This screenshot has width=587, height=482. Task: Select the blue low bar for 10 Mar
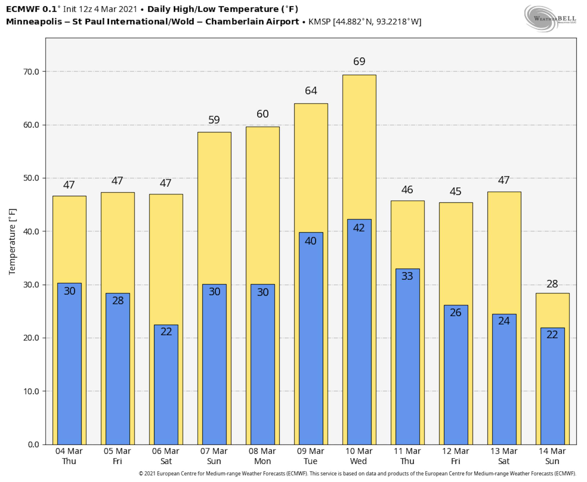[x=359, y=333]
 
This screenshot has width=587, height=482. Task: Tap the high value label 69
[x=359, y=61]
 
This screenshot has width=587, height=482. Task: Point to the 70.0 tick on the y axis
[x=31, y=72]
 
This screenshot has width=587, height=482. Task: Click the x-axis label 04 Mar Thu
[x=69, y=456]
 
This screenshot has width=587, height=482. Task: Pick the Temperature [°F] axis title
[x=13, y=242]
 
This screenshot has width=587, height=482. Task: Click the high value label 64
[x=311, y=91]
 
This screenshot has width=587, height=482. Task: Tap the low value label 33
[x=407, y=276]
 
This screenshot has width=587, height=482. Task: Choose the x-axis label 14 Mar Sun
[x=552, y=456]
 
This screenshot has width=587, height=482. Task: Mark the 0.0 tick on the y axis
[x=33, y=445]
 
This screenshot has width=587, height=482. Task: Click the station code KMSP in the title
[x=319, y=22]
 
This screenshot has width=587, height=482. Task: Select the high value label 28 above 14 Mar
[x=552, y=284]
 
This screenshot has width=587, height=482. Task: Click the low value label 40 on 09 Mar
[x=310, y=241]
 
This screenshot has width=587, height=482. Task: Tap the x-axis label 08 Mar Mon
[x=262, y=456]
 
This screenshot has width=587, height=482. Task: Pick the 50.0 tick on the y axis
[x=31, y=178]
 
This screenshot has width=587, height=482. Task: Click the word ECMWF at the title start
[x=23, y=9]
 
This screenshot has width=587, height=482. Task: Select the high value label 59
[x=214, y=120]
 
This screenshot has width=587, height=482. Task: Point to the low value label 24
[x=504, y=321]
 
